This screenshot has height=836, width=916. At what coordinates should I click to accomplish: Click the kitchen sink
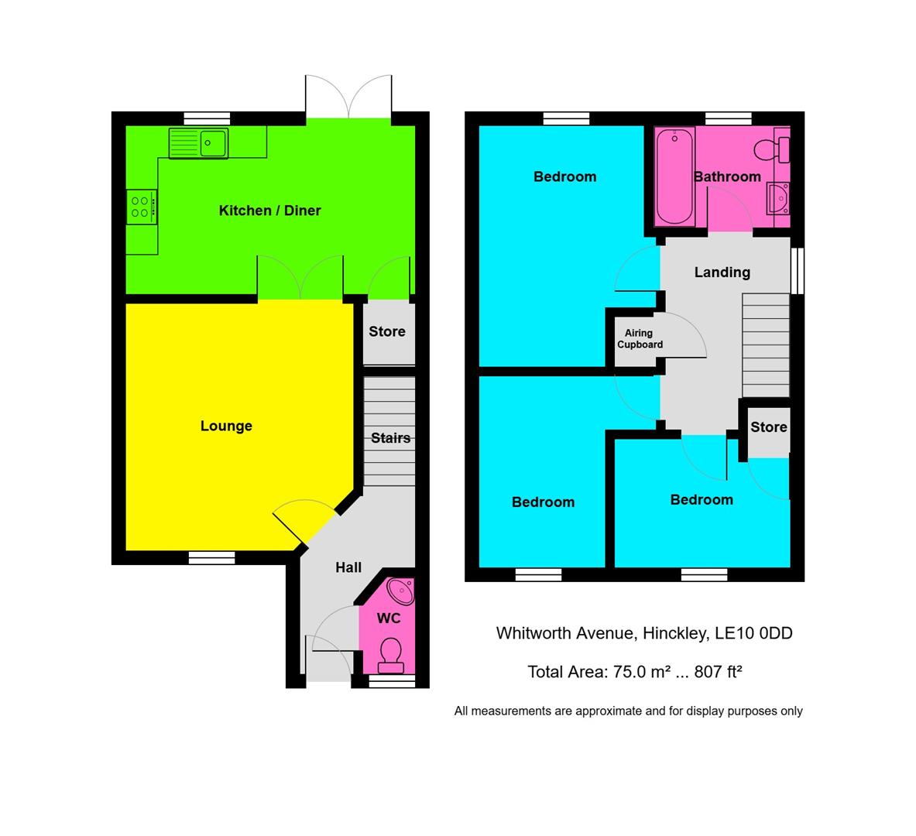[199, 143]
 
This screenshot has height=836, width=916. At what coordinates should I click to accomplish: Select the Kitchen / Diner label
[269, 211]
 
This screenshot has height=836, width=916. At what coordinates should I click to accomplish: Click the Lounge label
[226, 426]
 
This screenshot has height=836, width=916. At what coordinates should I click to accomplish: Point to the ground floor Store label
[387, 331]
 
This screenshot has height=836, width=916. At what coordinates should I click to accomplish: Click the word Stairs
[390, 438]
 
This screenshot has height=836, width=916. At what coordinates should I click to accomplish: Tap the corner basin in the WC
[402, 591]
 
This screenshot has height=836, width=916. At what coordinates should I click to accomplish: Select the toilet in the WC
[389, 655]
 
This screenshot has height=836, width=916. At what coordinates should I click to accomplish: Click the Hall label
[348, 567]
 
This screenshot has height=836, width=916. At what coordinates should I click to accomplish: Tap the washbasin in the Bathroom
[777, 198]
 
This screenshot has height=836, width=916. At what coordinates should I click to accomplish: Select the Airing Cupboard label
[640, 339]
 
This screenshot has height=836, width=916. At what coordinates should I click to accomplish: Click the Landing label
[722, 272]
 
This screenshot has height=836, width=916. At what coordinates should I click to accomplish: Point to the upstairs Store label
[768, 427]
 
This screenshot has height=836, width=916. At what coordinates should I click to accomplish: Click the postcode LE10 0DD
[753, 633]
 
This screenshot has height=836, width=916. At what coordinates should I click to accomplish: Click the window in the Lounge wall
[211, 557]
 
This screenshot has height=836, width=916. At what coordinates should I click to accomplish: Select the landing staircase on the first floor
[765, 345]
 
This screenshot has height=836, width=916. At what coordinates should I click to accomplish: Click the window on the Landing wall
[798, 271]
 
